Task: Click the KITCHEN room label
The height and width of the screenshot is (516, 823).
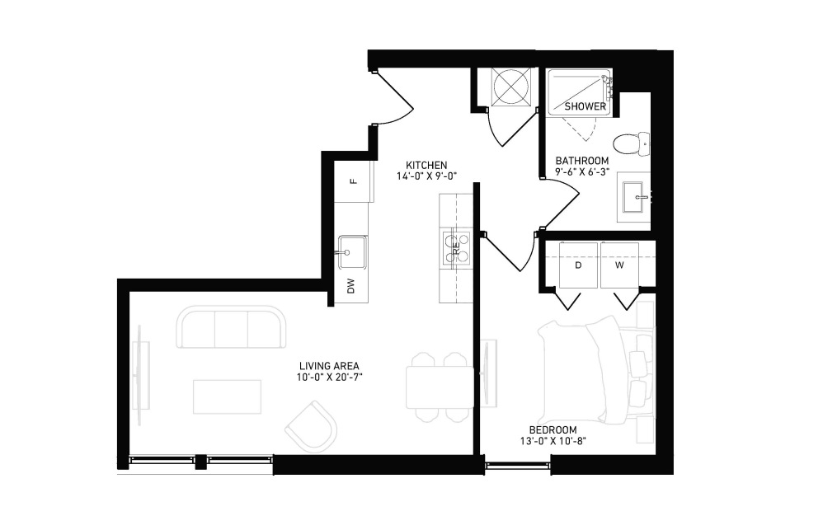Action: coord(426,165)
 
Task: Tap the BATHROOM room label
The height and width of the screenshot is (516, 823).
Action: coord(582,161)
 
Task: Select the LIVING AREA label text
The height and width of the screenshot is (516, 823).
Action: coord(329,366)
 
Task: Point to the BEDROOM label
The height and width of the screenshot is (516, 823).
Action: coord(553,430)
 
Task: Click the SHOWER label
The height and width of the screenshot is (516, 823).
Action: coord(586,106)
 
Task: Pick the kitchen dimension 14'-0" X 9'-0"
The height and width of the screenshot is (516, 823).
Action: coord(426,176)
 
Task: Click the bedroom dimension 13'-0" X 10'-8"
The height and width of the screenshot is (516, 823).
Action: coord(553,441)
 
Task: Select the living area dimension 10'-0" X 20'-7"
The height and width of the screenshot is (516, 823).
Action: coord(330,377)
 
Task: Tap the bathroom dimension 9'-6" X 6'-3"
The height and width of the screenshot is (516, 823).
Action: coord(582,171)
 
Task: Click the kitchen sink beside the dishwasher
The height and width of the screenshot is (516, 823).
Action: coord(352,251)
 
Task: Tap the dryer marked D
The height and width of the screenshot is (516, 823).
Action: coord(578,265)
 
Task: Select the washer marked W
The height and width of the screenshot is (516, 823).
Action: coord(619,265)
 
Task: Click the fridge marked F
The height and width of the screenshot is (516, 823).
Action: coord(353,181)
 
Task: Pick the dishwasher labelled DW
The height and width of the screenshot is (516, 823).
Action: coord(351,286)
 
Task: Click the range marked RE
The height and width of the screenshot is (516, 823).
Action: coord(456,249)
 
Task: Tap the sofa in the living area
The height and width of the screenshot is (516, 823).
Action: coord(232,327)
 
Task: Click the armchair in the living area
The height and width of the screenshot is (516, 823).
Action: coord(311,426)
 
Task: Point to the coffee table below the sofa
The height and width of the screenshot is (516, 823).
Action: coord(228,397)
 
